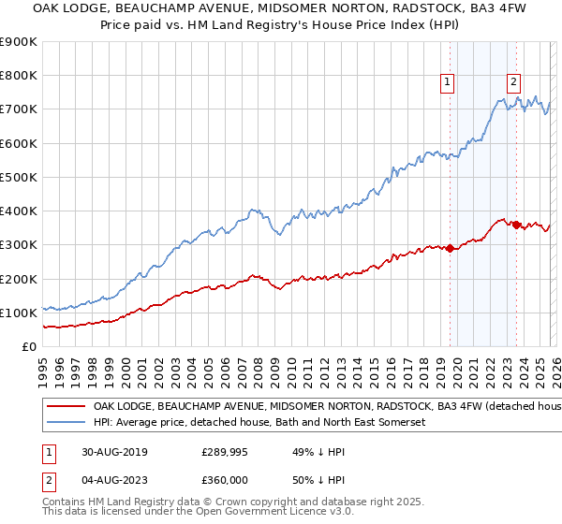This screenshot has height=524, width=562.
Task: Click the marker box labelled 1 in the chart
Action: (x=448, y=82)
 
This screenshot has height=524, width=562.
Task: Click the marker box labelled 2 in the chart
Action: (x=514, y=82)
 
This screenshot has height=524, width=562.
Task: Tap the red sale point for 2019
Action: (x=450, y=248)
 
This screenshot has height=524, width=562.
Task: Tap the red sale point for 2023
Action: (x=515, y=225)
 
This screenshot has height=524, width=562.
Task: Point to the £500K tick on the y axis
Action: (x=18, y=177)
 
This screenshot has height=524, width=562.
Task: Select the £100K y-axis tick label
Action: (x=18, y=313)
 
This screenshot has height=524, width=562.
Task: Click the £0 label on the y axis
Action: (x=29, y=346)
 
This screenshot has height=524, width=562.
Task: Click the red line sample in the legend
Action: (x=67, y=407)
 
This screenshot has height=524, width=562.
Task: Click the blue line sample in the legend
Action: (x=67, y=423)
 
